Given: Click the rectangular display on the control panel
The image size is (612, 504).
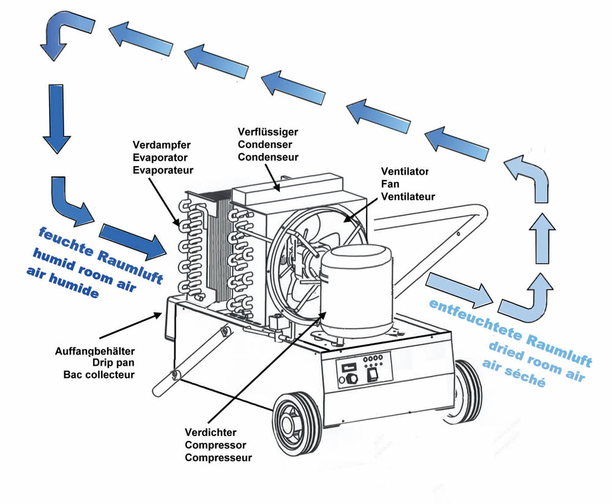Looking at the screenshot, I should (x=348, y=364).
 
